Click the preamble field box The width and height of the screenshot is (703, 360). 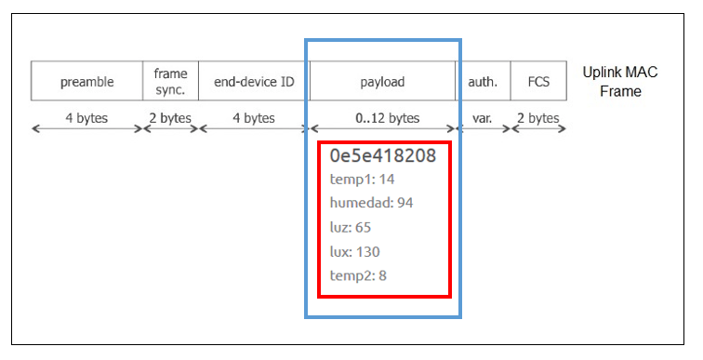click(x=86, y=82)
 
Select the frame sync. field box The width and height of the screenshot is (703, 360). click(x=170, y=82)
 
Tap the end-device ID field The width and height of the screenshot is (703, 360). click(x=254, y=82)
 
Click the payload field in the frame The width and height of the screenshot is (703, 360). click(x=382, y=82)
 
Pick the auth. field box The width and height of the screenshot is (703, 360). click(x=483, y=82)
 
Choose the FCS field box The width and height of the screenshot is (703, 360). click(x=538, y=82)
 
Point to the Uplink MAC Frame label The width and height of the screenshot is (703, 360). click(x=619, y=82)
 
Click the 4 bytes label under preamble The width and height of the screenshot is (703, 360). click(x=86, y=118)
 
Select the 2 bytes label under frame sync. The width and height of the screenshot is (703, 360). click(x=170, y=118)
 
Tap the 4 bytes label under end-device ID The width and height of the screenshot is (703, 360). click(x=254, y=118)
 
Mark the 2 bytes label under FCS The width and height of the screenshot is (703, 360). click(x=538, y=118)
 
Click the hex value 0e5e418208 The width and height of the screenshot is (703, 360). click(x=382, y=155)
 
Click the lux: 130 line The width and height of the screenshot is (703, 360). click(x=355, y=251)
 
